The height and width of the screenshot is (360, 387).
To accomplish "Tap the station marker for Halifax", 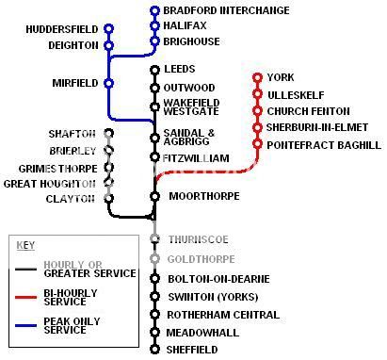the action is (x=155, y=26).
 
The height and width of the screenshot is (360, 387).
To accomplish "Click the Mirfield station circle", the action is (x=108, y=84).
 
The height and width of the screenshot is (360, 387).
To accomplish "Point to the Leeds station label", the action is (x=179, y=70).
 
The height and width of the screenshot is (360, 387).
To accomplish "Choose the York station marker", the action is (x=257, y=77).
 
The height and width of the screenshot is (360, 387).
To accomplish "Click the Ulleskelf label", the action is (x=297, y=94).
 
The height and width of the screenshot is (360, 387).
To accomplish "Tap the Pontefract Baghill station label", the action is (x=324, y=145).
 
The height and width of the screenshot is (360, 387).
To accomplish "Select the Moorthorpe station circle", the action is (x=154, y=197).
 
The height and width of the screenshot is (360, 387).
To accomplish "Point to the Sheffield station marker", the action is (x=154, y=349).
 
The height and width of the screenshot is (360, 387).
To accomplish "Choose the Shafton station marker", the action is (x=108, y=133).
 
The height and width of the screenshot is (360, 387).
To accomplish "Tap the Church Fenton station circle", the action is (x=257, y=111).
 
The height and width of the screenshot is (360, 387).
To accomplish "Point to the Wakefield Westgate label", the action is (x=191, y=107).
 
